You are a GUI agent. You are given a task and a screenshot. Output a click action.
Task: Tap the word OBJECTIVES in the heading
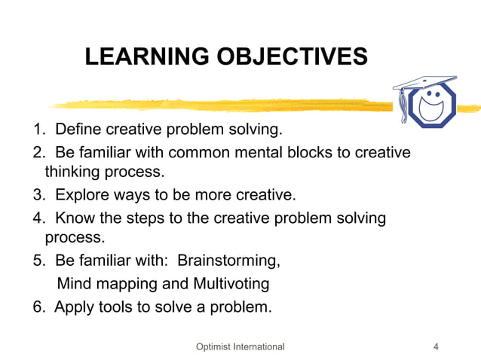[293, 56]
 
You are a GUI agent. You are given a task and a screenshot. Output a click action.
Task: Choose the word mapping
[130, 285]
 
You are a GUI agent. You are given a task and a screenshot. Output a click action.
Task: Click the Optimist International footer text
[240, 346]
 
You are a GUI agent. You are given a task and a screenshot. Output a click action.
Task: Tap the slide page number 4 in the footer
[437, 346]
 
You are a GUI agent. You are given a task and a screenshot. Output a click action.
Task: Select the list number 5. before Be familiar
[38, 262]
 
